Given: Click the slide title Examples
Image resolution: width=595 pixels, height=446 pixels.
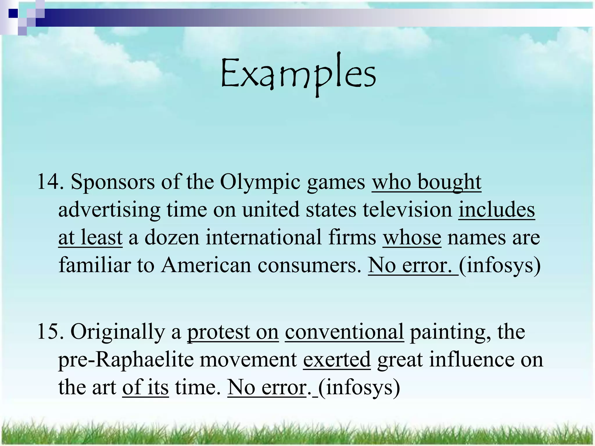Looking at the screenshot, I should pos(298,74).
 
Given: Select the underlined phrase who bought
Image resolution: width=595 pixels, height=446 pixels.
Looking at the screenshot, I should pos(426,182).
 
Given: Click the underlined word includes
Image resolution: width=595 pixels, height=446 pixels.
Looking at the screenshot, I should pos(497,210).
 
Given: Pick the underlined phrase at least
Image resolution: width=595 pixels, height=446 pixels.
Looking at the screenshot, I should pos(90,238).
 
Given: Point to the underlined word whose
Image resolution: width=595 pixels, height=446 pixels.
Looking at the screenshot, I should pos(412,238).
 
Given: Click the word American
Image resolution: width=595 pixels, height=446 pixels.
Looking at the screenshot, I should pos(206,265).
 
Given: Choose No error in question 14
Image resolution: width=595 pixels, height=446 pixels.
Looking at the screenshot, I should pos(413,265).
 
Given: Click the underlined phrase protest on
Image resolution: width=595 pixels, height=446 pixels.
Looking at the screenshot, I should pos(233,332).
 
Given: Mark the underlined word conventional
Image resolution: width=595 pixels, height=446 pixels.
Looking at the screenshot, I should pos(344,332).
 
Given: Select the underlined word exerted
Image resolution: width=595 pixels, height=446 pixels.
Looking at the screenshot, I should pos(337,359).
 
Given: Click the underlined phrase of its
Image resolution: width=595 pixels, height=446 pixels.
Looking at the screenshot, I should pos(145,387).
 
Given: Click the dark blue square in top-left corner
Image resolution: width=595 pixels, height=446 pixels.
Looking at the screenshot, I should pos(13,13).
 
